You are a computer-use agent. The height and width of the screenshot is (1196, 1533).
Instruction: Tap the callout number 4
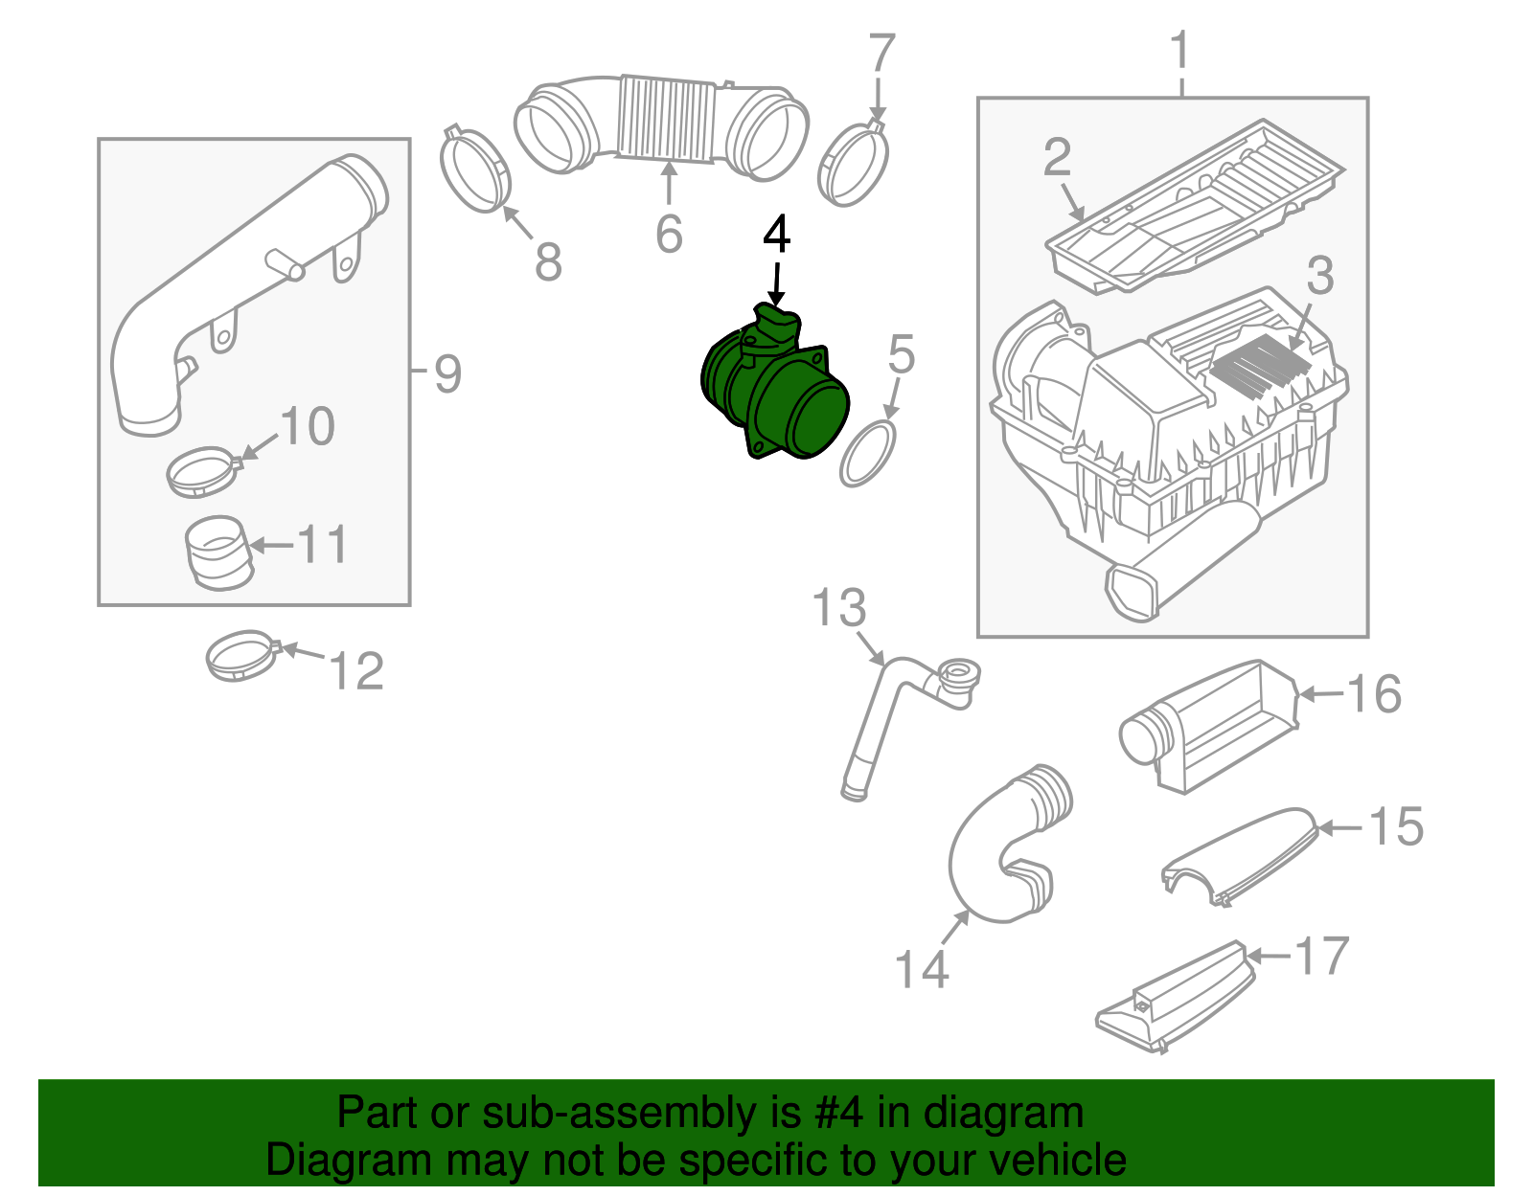(776, 235)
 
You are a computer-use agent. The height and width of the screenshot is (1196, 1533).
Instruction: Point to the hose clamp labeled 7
(853, 164)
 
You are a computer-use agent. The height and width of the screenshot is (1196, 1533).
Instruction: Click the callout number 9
(447, 373)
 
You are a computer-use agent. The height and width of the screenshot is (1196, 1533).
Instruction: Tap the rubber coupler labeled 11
(217, 553)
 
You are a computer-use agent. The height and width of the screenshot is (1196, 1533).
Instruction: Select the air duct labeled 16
(1207, 728)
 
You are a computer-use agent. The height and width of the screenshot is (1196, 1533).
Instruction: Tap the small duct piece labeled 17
(1174, 1001)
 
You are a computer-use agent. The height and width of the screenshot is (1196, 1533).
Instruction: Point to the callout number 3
(1320, 276)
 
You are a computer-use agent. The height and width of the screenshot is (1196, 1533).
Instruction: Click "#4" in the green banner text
(838, 1113)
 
